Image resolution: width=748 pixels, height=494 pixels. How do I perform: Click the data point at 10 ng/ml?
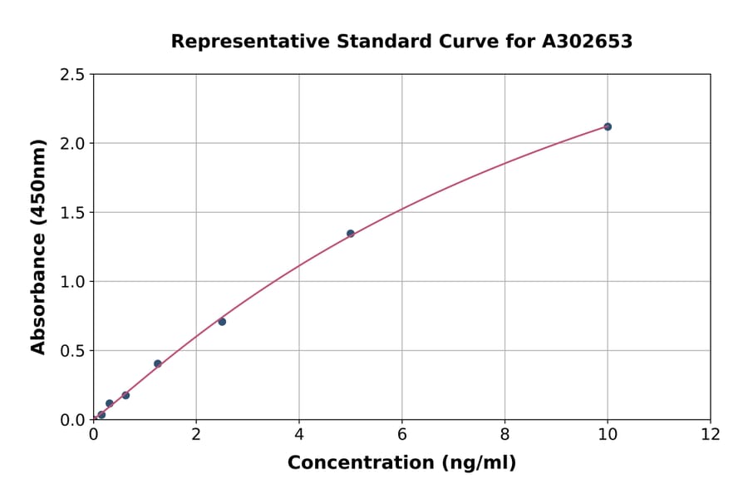pos(608,126)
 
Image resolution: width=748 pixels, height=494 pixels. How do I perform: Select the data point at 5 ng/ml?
pos(351,234)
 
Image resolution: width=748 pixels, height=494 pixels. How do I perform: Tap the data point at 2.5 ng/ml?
pos(222,322)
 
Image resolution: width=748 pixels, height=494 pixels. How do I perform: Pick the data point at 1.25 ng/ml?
pos(158,363)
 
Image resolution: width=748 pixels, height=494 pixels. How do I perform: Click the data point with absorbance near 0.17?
pos(125,395)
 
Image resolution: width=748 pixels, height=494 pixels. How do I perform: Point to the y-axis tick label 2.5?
pos(72,75)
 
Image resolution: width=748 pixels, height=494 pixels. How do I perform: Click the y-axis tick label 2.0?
pos(72,144)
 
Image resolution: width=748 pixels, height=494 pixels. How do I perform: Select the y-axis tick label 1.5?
pos(72,213)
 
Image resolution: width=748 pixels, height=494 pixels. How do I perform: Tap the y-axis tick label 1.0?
pos(72,282)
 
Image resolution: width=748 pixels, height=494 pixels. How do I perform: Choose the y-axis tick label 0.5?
pos(72,351)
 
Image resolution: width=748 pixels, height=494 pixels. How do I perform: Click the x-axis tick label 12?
pos(710,434)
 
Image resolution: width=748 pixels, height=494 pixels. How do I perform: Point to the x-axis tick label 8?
pos(504,434)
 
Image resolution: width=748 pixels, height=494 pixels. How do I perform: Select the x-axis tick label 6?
pos(401,434)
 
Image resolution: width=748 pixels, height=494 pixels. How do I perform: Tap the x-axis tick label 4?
pos(299,434)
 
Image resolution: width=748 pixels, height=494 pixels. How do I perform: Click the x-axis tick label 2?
pos(196,434)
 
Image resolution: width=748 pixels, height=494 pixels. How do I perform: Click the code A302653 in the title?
pos(587,42)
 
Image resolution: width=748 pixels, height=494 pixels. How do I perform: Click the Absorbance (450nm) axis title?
pos(39,246)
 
